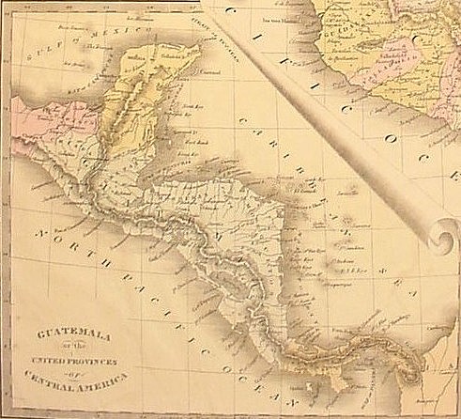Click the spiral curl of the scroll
(x=440, y=235)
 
